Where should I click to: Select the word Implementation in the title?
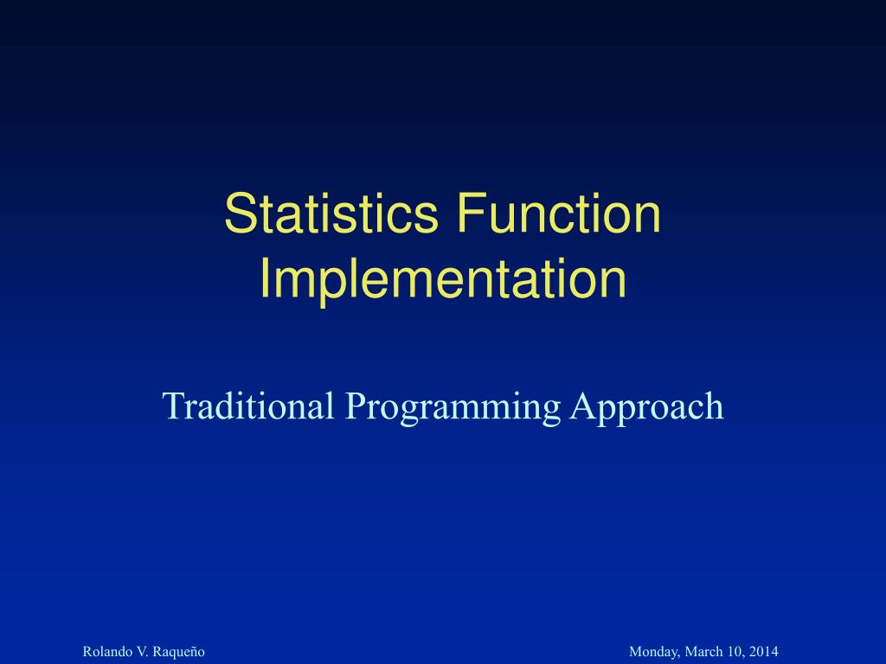(x=443, y=279)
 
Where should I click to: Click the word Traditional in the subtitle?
(x=248, y=405)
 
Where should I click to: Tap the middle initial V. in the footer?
(x=138, y=651)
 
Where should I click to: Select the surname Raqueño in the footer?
(x=177, y=652)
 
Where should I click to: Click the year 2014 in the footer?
(x=764, y=651)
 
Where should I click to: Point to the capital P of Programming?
(x=353, y=405)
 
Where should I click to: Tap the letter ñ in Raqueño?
(x=192, y=652)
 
